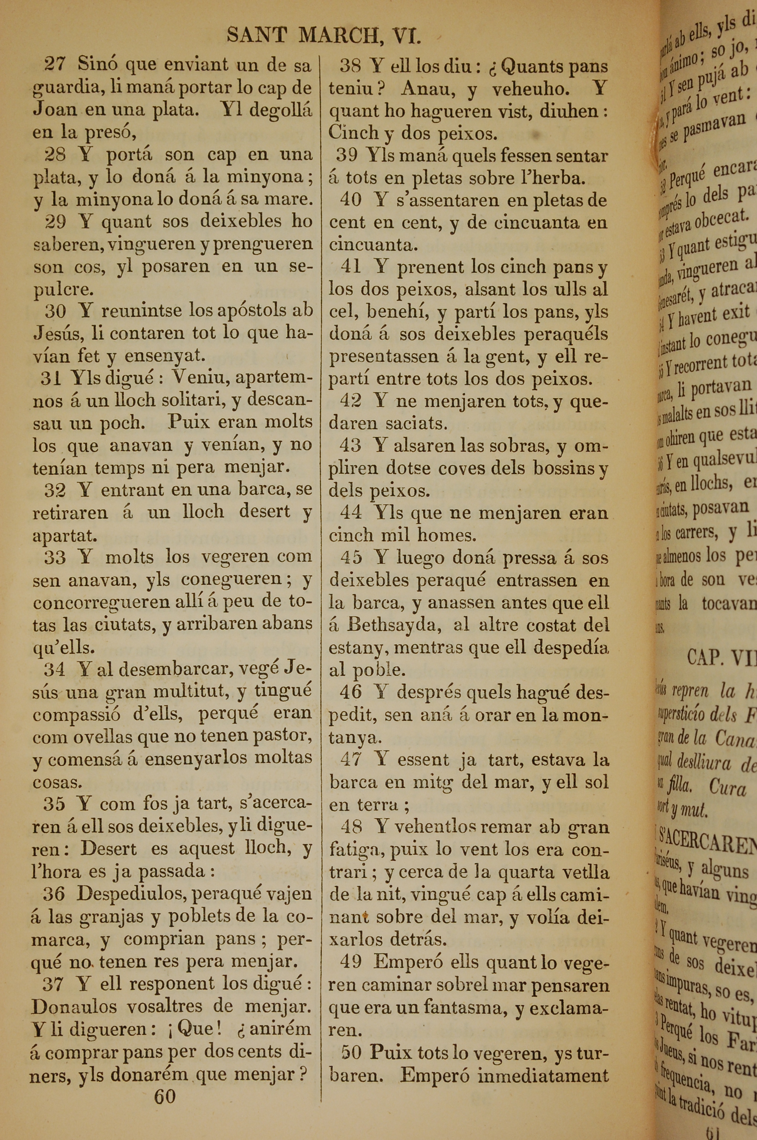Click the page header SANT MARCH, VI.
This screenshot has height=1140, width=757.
coord(324,36)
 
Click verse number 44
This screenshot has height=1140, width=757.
coord(350,513)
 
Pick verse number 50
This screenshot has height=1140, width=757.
coord(352,1052)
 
